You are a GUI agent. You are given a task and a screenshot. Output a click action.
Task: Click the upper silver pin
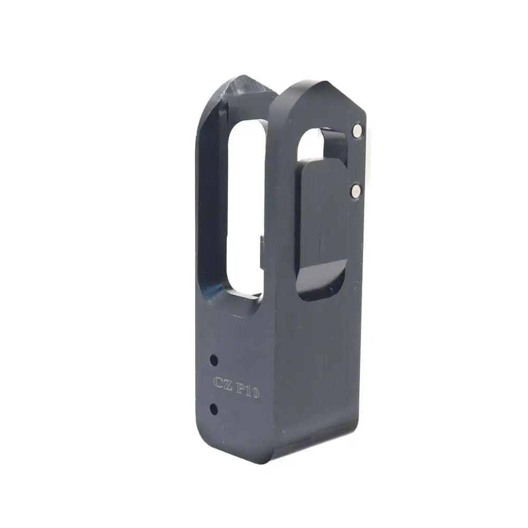(x=357, y=130)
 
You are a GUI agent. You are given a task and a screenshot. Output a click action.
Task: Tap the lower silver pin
(x=356, y=191)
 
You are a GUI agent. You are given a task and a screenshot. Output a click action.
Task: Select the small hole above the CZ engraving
(x=213, y=361)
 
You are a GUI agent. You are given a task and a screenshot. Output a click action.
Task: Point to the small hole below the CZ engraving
(x=213, y=409)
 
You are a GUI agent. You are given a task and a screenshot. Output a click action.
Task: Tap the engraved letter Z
(x=227, y=384)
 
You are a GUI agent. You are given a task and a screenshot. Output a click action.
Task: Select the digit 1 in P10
(x=249, y=390)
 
